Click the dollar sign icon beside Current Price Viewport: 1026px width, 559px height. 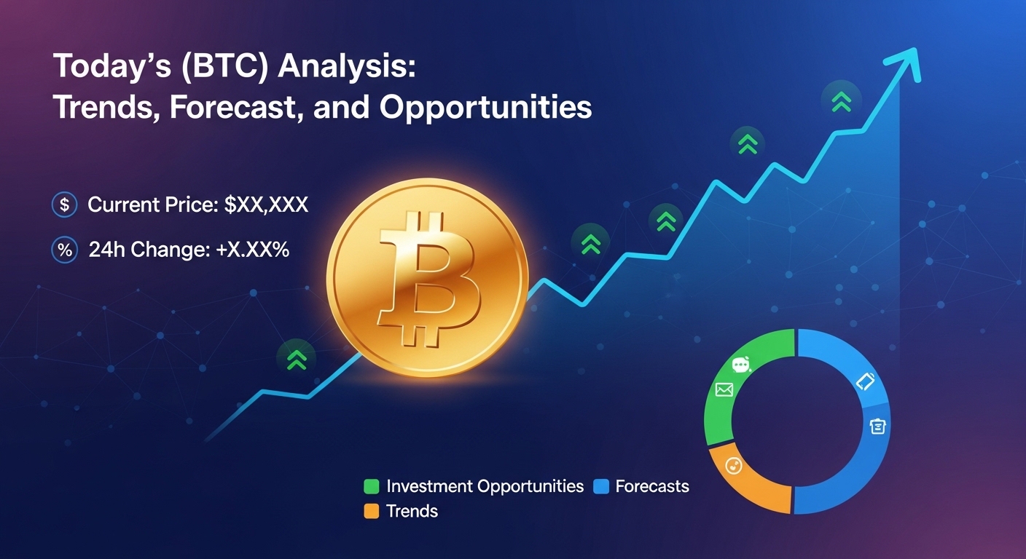pos(65,205)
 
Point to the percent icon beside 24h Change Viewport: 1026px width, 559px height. pos(65,250)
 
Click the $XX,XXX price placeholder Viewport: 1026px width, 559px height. pos(266,205)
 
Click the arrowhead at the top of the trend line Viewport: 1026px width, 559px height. pos(906,62)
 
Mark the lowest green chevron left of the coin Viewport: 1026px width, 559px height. pos(296,358)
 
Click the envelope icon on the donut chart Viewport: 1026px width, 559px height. pos(724,390)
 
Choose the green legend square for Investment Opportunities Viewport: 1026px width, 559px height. pos(372,486)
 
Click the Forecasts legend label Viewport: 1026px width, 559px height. pos(651,486)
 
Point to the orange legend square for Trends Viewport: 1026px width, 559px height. pos(372,511)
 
